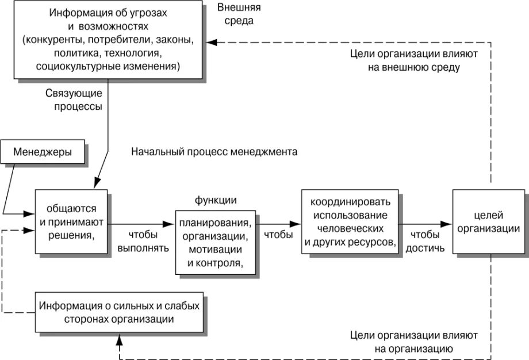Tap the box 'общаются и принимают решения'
(x=71, y=221)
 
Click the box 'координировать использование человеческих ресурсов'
(x=350, y=222)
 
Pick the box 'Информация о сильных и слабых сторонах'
(x=120, y=312)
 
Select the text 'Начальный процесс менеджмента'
(x=214, y=152)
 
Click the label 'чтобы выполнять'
(x=143, y=242)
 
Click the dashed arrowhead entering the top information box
(x=212, y=42)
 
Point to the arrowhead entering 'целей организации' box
(x=447, y=224)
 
